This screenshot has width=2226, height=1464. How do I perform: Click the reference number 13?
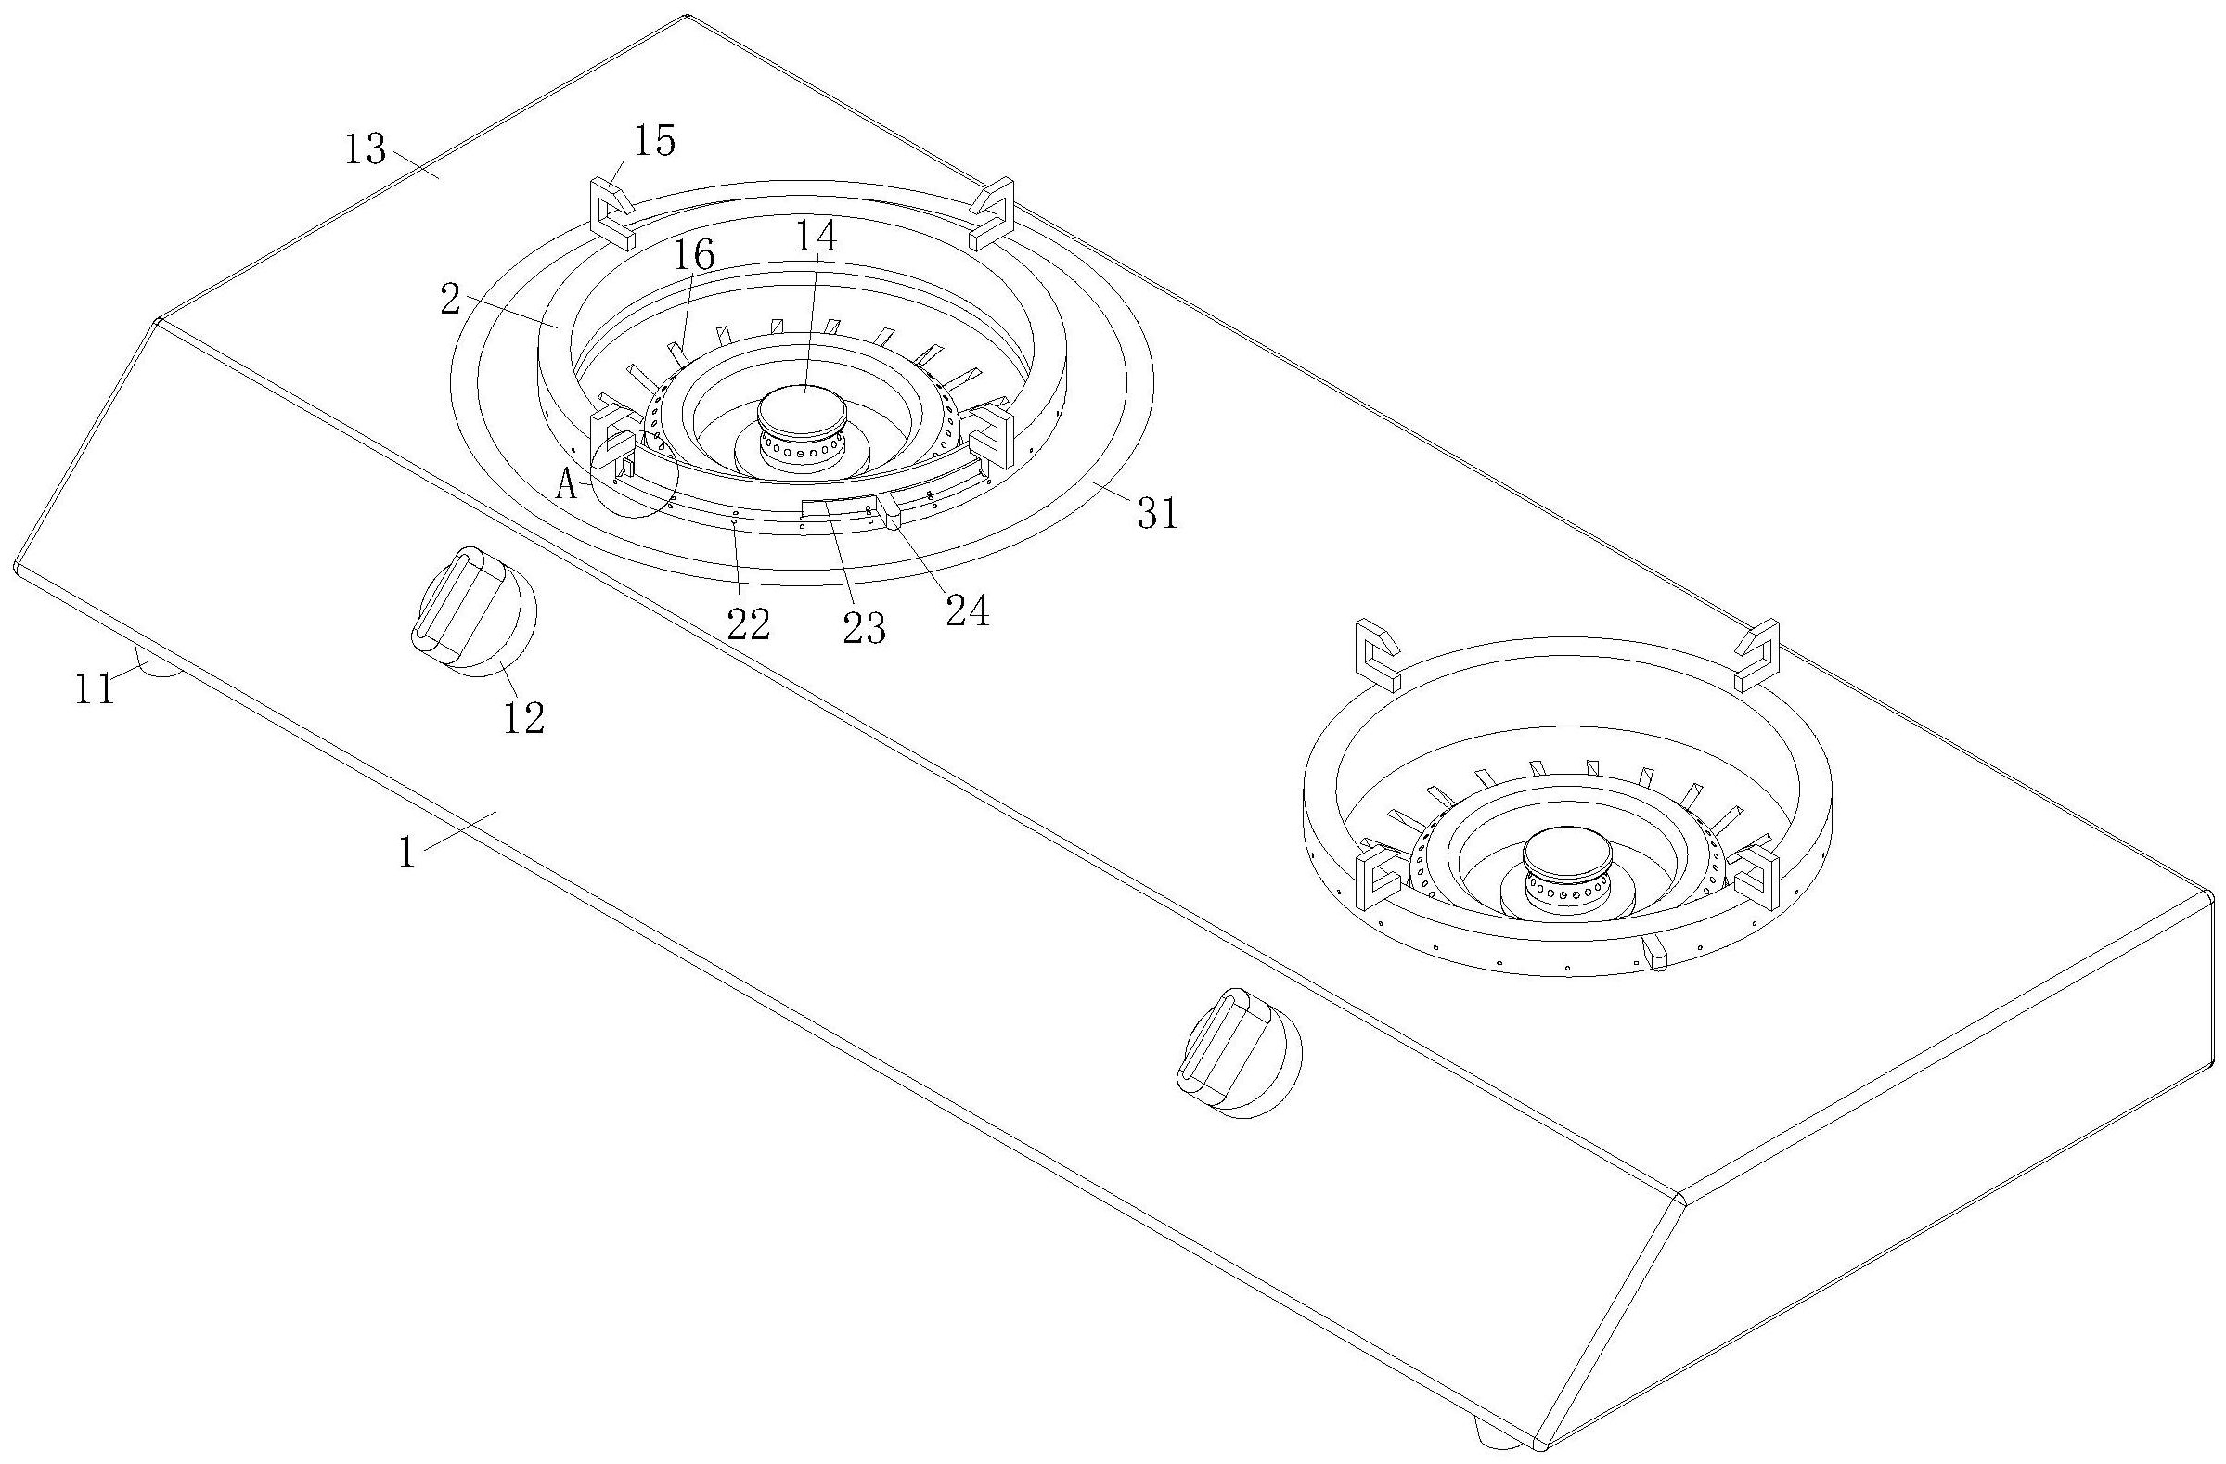pos(365,148)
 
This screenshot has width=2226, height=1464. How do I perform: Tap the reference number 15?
pos(654,140)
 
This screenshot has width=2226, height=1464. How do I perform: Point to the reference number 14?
pos(816,237)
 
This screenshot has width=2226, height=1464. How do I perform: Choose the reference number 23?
pos(863,629)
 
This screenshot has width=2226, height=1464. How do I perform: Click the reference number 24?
pos(967,611)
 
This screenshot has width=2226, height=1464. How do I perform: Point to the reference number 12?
pos(522,718)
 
